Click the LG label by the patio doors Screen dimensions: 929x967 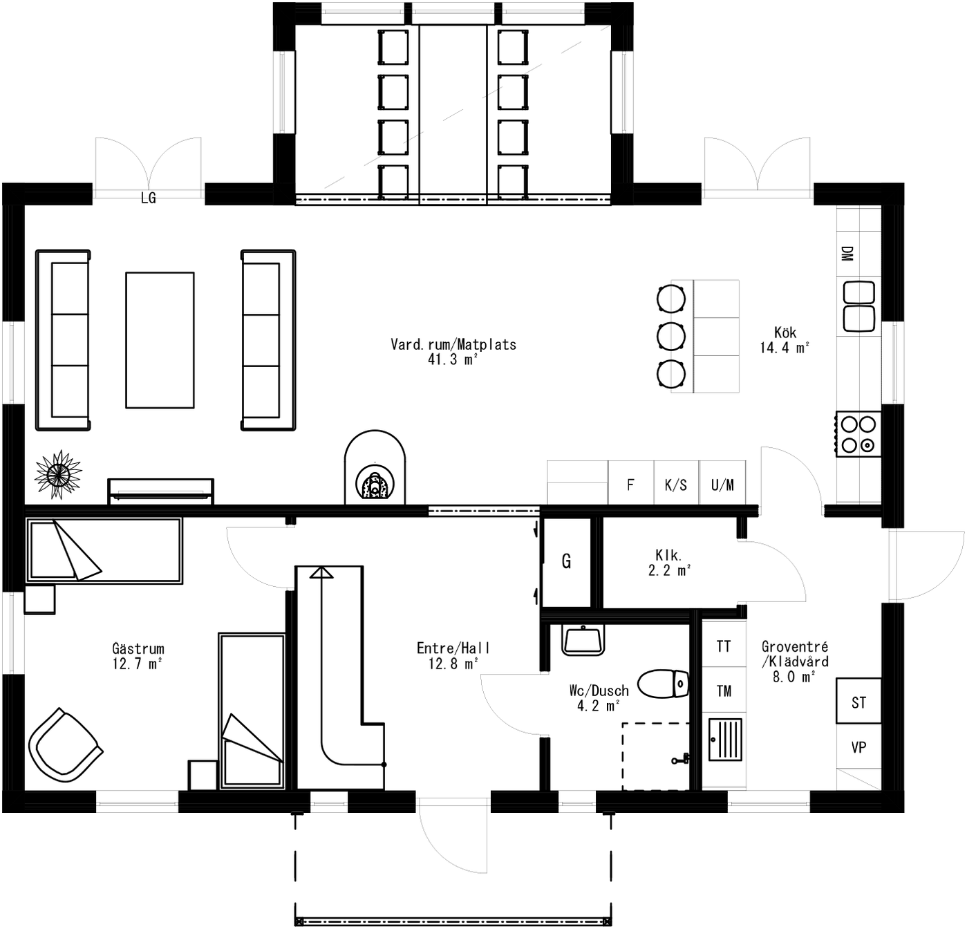[x=149, y=198]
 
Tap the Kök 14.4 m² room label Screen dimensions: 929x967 [x=785, y=340]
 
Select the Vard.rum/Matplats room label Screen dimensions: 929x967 [x=453, y=351]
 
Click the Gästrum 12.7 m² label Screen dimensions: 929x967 [x=138, y=656]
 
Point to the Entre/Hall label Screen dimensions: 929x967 [x=453, y=655]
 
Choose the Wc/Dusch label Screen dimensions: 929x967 [x=599, y=697]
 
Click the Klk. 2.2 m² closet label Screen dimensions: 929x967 [x=668, y=562]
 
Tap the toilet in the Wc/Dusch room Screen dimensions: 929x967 [x=663, y=684]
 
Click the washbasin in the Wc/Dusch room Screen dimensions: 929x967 [x=583, y=639]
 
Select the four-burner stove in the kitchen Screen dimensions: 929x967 [x=858, y=434]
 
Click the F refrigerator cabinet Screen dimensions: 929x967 [x=630, y=485]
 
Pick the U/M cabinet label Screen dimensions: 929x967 [x=722, y=485]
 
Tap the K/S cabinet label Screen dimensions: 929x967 [x=676, y=485]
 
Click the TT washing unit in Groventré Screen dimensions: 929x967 [x=724, y=646]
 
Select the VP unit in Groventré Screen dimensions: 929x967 [x=858, y=747]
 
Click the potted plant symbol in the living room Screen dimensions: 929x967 [x=58, y=473]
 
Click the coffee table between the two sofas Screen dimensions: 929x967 [x=160, y=340]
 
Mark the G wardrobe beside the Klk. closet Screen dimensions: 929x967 [x=567, y=561]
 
